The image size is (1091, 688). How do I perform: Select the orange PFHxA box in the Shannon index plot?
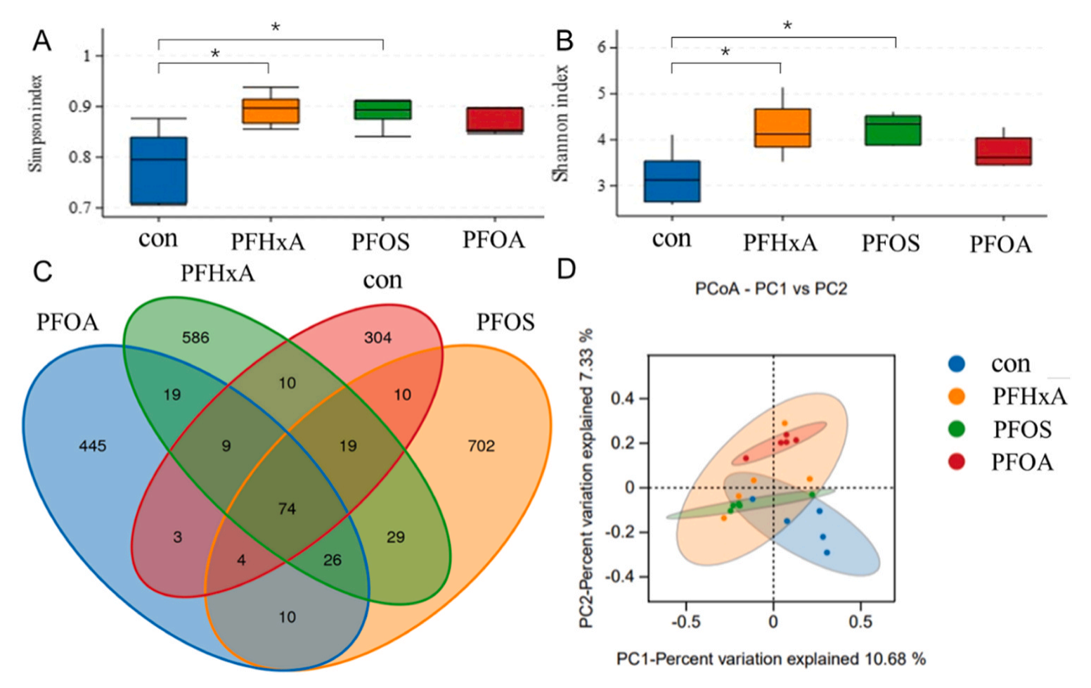782,128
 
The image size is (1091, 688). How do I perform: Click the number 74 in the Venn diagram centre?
287,509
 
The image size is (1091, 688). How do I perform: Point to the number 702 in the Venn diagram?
481,446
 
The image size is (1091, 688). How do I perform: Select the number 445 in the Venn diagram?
93,446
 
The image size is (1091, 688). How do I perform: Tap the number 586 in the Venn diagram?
195,338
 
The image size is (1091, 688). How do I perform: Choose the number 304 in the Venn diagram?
377,338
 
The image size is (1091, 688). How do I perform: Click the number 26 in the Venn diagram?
332,560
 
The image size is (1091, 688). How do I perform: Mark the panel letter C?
42,272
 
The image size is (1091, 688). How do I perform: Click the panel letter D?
567,269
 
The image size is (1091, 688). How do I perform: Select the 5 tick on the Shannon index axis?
602,94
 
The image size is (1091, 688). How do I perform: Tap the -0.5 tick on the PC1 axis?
685,623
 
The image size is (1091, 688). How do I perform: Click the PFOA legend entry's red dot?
956,461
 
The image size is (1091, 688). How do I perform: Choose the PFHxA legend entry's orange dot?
956,397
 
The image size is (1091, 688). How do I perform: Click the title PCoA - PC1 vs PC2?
770,289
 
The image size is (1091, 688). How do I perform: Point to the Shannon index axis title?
560,124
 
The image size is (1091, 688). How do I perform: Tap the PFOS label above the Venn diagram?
505,322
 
